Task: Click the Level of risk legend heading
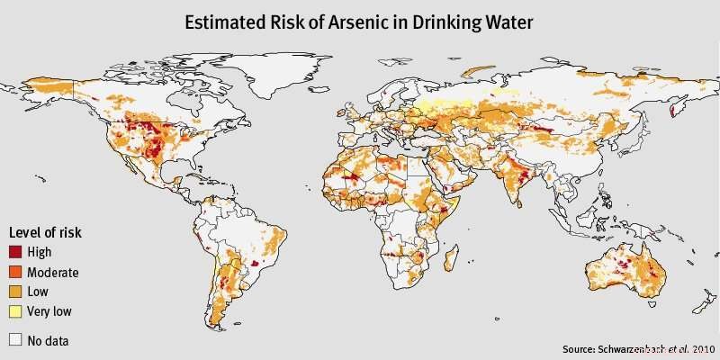click(x=45, y=232)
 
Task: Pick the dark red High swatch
click(x=15, y=253)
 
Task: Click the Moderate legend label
click(x=53, y=273)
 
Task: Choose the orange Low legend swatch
click(x=15, y=292)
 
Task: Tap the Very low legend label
click(x=49, y=312)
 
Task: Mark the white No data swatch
click(x=15, y=340)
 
